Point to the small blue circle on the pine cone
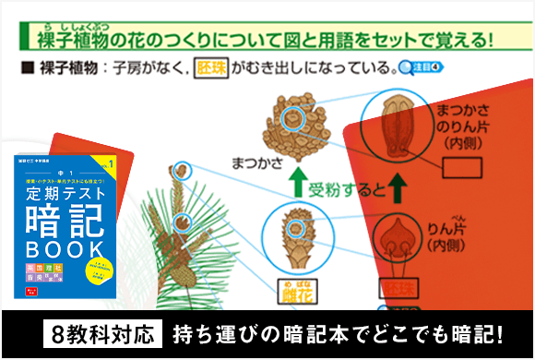[x=294, y=117]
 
